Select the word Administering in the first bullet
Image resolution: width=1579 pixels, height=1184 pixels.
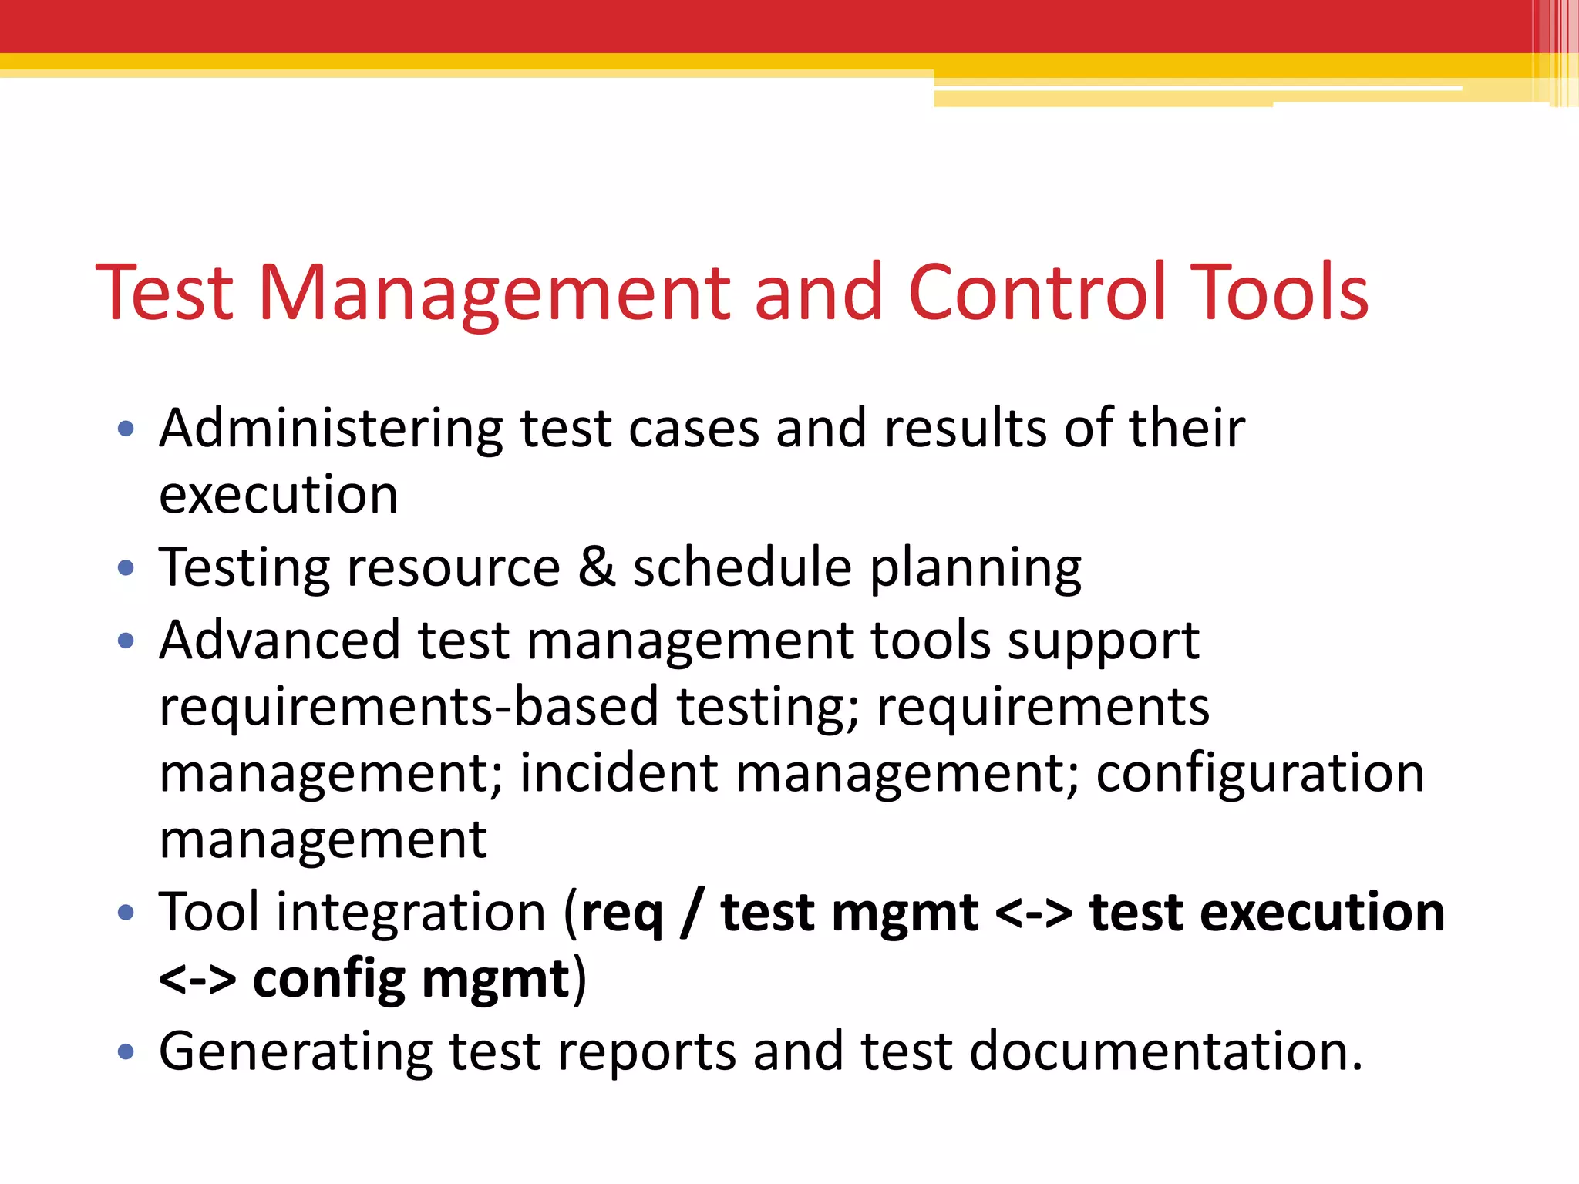[x=330, y=429]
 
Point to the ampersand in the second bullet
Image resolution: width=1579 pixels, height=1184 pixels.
[x=597, y=567]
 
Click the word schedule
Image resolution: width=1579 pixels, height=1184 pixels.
[x=742, y=567]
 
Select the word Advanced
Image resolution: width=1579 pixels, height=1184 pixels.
[x=280, y=640]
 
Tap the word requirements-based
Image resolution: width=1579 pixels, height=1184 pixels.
[x=409, y=707]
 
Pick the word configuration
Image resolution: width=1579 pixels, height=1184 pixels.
[x=1260, y=773]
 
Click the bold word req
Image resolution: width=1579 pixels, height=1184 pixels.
[x=621, y=915]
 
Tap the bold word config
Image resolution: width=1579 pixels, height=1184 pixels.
[x=328, y=980]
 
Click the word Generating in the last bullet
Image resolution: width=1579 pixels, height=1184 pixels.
[x=295, y=1052]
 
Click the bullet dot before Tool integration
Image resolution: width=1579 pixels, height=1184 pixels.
[x=126, y=913]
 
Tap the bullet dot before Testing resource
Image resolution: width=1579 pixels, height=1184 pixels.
[x=126, y=569]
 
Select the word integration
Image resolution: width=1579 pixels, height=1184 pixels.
[x=411, y=913]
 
